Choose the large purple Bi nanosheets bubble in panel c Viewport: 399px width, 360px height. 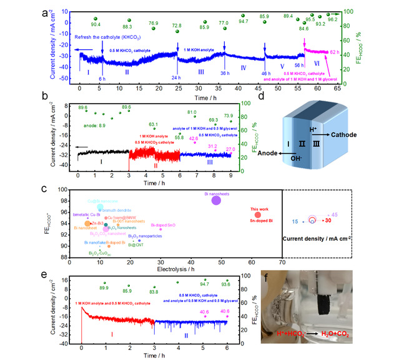tap(216, 200)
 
